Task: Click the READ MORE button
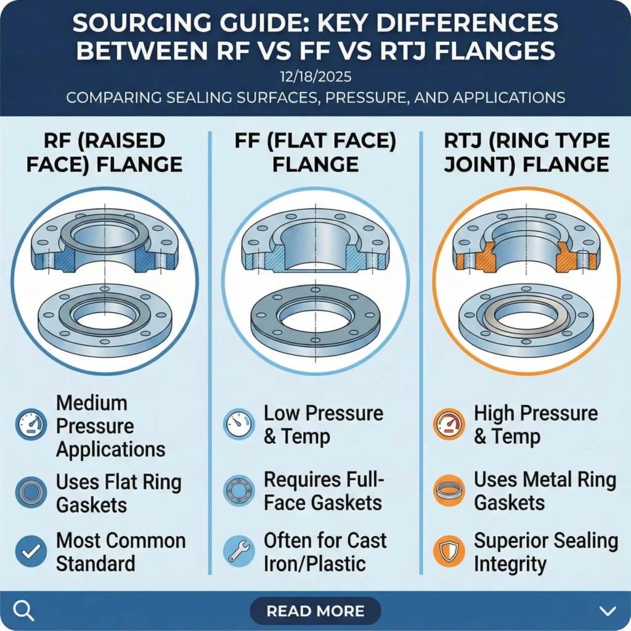[x=315, y=611]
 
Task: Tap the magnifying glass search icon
[x=23, y=611]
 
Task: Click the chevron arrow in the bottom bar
[x=607, y=611]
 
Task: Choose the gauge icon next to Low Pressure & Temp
[x=238, y=425]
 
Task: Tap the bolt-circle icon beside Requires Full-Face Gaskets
[x=238, y=491]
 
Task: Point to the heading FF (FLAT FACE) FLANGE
[x=315, y=152]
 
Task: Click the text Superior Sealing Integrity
[x=545, y=552]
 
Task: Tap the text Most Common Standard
[x=121, y=552]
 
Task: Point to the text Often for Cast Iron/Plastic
[x=325, y=552]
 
